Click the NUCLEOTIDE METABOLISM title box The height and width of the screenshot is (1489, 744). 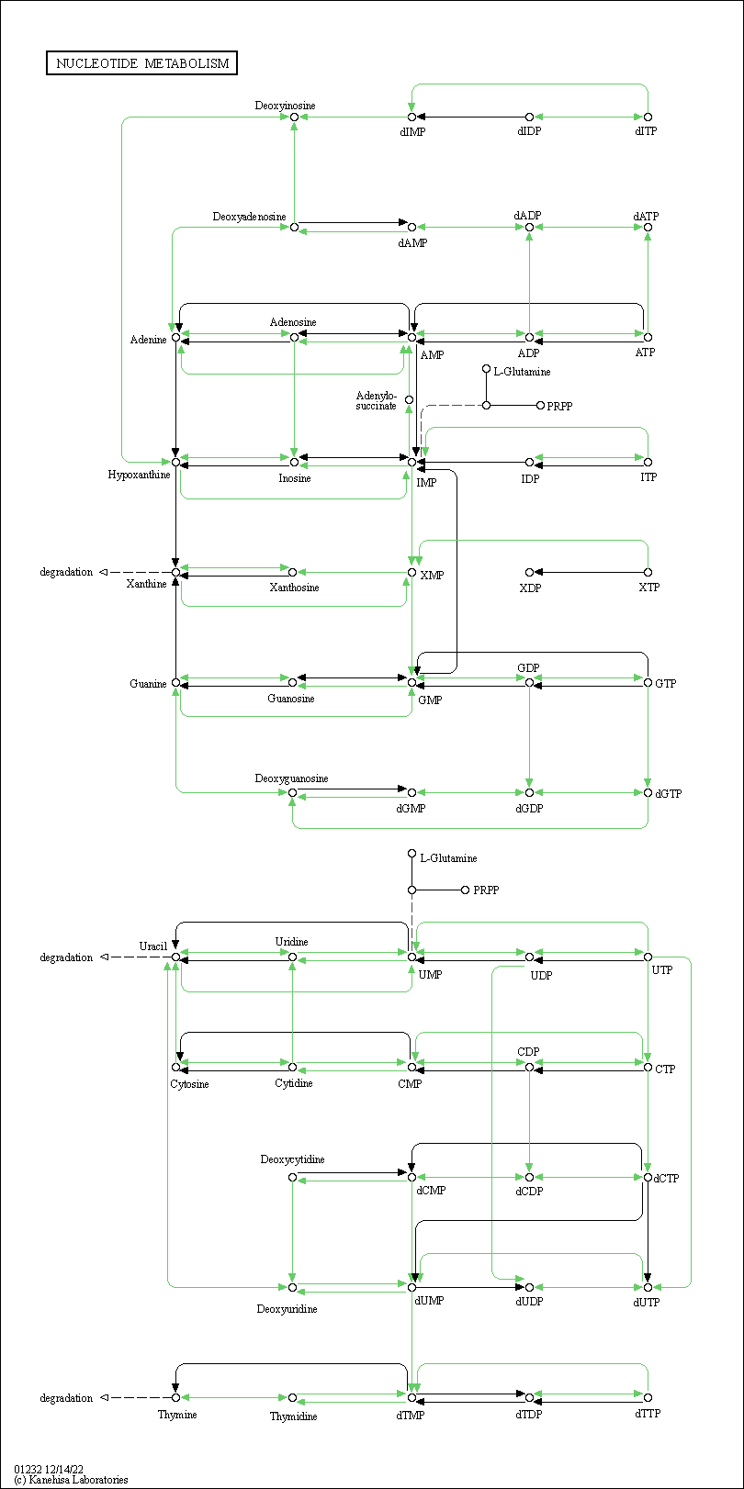point(141,63)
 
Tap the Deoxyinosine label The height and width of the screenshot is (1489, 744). point(286,106)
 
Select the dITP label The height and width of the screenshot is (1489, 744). point(646,131)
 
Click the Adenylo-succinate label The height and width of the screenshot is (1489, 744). point(377,401)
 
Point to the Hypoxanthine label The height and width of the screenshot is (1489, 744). point(139,475)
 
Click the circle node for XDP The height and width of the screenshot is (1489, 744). point(529,572)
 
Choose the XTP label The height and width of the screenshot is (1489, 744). point(648,588)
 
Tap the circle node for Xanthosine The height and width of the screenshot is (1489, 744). point(292,572)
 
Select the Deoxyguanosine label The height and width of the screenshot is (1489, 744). point(291,778)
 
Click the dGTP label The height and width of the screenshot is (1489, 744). point(668,794)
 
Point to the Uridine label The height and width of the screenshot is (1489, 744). point(292,942)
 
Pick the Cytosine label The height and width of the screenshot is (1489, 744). point(189,1084)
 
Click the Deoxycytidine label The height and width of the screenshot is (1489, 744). point(292,1159)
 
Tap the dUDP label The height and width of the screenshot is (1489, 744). point(529,1302)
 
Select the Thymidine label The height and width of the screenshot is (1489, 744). point(293,1416)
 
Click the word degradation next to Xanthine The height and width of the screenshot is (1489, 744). point(66,572)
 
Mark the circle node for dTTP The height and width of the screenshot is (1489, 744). point(648,1398)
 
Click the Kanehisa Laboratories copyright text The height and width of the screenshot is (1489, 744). point(71,1480)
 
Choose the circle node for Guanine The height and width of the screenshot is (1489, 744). point(176,683)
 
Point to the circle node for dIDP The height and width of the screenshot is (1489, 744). point(529,117)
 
